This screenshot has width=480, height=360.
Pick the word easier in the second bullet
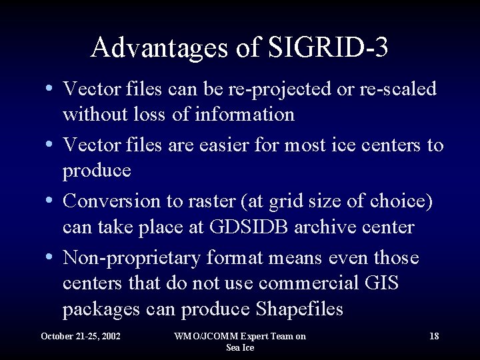click(x=224, y=145)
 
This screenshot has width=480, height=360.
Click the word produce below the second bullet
click(x=97, y=171)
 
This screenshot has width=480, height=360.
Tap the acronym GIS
click(x=382, y=283)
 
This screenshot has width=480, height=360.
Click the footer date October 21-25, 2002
click(x=81, y=336)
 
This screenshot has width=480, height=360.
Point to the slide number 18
click(x=434, y=336)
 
